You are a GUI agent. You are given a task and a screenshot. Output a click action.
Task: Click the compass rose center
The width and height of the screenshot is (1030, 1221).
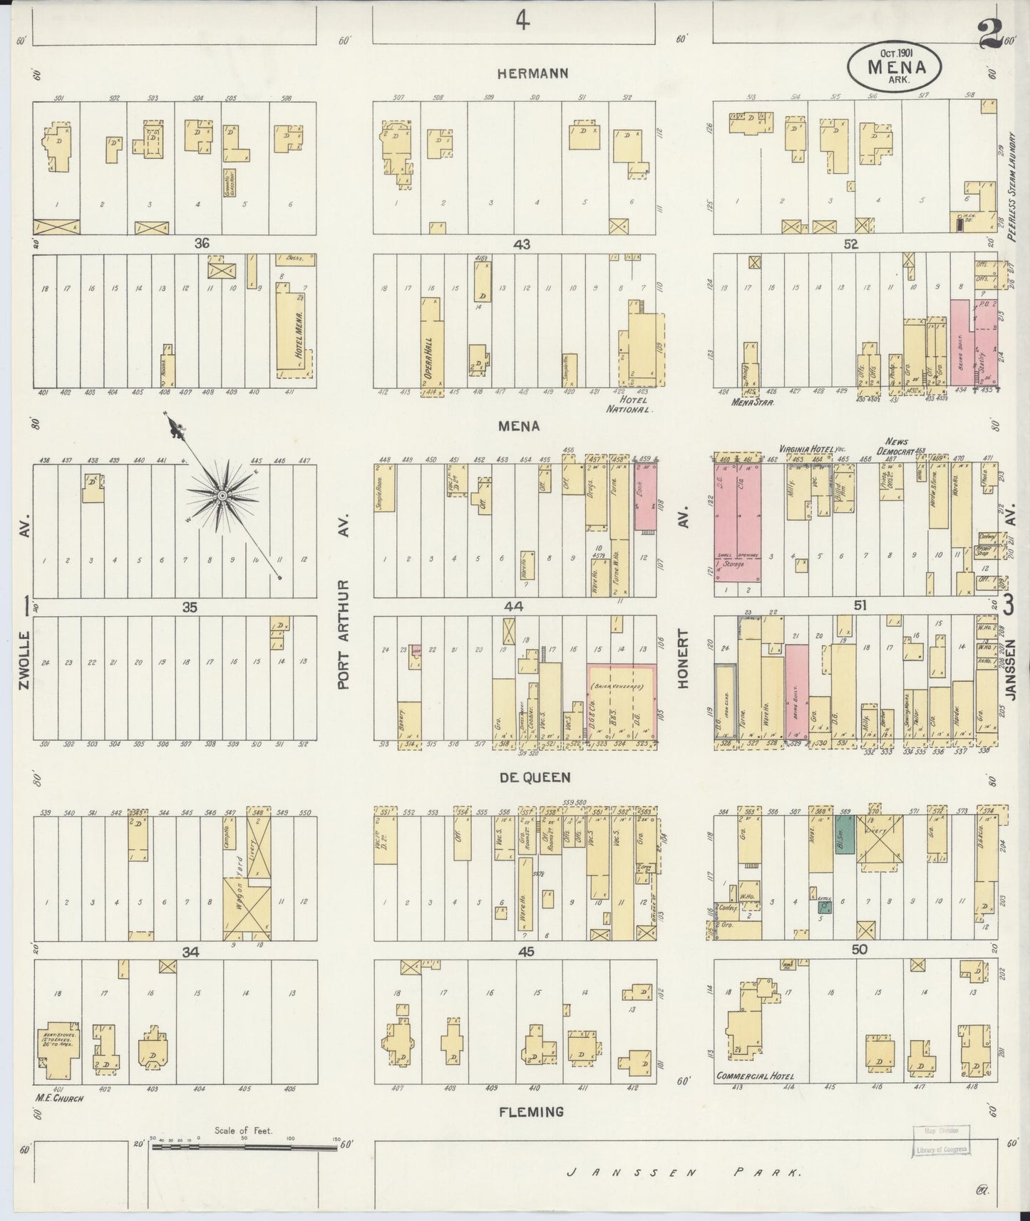click(222, 495)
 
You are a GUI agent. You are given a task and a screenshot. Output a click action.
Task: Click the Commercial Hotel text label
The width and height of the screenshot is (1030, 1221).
click(755, 1096)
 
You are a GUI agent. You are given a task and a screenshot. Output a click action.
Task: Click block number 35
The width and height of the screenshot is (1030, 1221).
click(189, 608)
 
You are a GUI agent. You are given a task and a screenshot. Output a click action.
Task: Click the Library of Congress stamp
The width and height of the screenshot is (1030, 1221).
click(935, 1156)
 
